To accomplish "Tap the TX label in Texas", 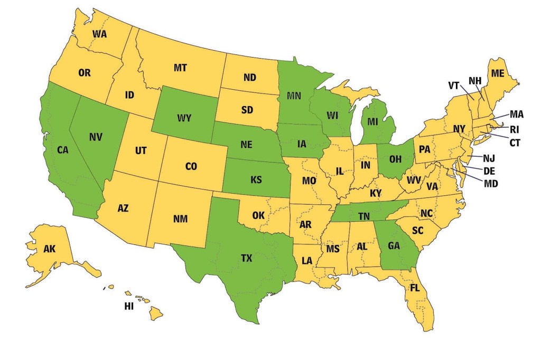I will (x=246, y=258).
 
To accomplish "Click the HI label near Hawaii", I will (x=129, y=306).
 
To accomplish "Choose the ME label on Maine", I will (x=497, y=73).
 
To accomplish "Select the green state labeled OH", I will (x=396, y=158).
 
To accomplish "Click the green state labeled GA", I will (x=394, y=245).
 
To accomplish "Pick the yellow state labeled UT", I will (x=141, y=151).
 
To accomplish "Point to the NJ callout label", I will (x=489, y=157).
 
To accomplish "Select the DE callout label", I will (x=489, y=170).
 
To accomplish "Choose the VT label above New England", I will (x=454, y=85).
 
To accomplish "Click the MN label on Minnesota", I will (x=295, y=96).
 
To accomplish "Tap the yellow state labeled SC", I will (x=418, y=231).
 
